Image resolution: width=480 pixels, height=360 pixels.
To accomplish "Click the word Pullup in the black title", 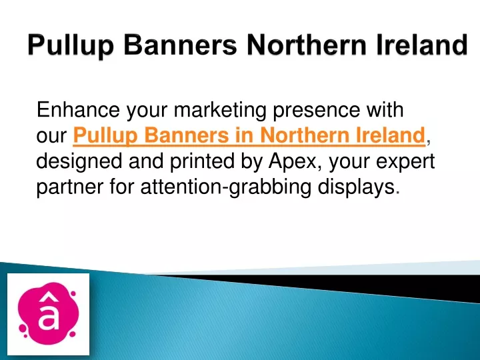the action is click(71, 45).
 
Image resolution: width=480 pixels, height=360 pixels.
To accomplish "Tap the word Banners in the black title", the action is click(180, 45).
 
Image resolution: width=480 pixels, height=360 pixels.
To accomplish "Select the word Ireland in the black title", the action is click(423, 45).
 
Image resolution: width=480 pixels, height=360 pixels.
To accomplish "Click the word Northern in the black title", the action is click(307, 45).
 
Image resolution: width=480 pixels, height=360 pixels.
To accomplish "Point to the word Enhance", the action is click(78, 109).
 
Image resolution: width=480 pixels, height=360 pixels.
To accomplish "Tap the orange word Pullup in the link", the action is click(105, 136).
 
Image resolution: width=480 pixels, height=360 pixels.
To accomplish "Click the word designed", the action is click(79, 162).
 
